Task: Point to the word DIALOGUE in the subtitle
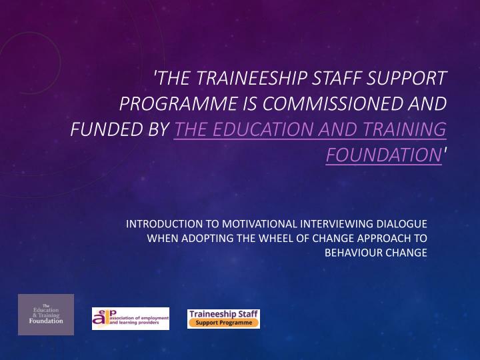[x=400, y=224]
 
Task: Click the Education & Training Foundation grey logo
[x=46, y=314]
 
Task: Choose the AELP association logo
[x=131, y=319]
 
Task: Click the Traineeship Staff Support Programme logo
[x=223, y=318]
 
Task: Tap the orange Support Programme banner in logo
[x=223, y=323]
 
